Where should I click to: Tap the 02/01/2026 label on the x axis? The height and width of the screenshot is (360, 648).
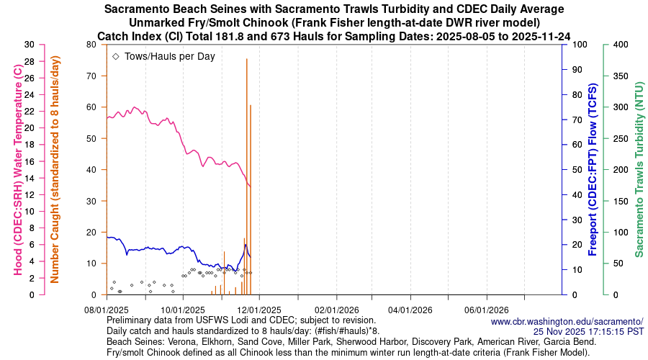(x=335, y=310)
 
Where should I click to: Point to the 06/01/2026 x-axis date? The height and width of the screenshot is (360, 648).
(x=487, y=310)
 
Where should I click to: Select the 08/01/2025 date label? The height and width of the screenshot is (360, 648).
(x=107, y=310)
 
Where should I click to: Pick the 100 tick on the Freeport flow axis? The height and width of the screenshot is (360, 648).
(x=576, y=45)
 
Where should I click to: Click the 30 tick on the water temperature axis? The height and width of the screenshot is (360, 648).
(x=30, y=45)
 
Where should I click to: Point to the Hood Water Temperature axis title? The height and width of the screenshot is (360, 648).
(x=17, y=169)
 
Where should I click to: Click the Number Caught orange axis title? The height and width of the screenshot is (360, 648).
(x=55, y=169)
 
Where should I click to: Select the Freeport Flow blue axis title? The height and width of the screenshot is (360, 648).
(x=593, y=169)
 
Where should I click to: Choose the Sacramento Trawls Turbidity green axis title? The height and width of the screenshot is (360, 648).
(x=638, y=169)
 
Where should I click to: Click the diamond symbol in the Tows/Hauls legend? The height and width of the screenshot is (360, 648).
(x=116, y=56)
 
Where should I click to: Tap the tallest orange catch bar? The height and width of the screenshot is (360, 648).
(x=247, y=176)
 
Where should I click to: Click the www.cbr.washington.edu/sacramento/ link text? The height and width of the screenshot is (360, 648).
(x=567, y=321)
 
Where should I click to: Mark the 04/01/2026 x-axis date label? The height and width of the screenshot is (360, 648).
(x=411, y=310)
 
